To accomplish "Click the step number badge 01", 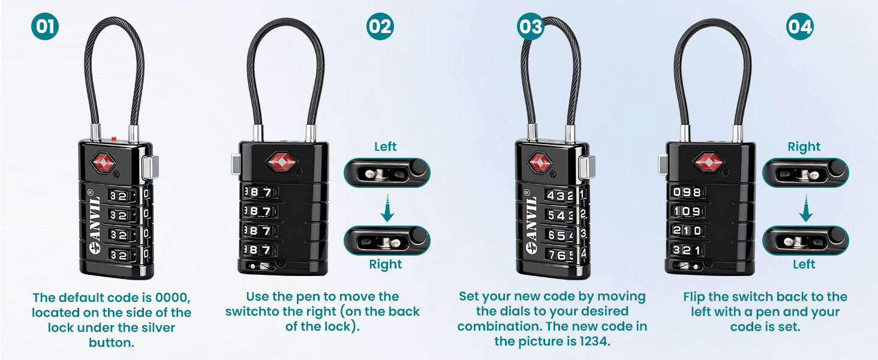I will tap(45, 26).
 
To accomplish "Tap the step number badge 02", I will tap(380, 26).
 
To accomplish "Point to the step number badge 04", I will tap(800, 26).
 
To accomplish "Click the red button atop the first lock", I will tap(114, 139).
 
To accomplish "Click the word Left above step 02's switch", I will tap(386, 146).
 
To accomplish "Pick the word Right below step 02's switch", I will tap(386, 265).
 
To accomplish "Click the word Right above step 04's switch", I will tap(804, 146).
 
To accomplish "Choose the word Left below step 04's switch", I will tap(804, 265).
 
